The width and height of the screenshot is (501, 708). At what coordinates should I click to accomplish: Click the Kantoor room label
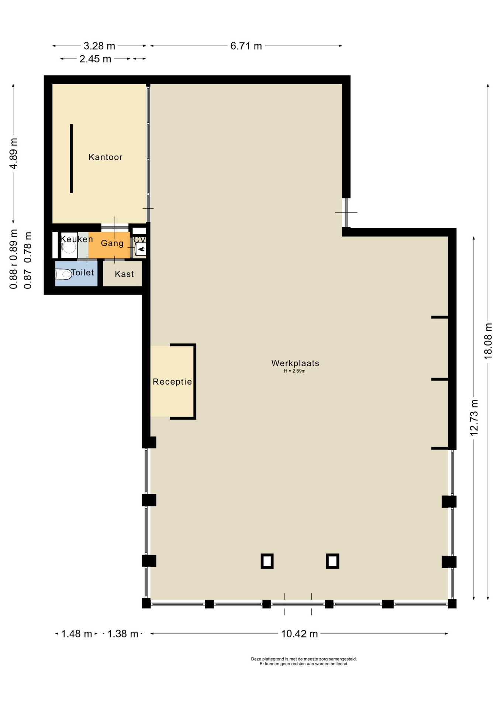[106, 157]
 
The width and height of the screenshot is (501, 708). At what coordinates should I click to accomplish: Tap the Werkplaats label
[295, 363]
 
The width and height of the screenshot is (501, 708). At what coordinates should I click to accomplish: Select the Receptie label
[172, 382]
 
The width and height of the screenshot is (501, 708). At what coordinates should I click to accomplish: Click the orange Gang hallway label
[112, 243]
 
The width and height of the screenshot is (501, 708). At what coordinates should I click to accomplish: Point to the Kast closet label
[124, 274]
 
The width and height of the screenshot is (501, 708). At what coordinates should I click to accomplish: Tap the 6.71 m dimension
[246, 46]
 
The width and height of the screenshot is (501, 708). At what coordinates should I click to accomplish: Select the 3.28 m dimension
[99, 46]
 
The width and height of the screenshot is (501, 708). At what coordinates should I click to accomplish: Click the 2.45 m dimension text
[95, 59]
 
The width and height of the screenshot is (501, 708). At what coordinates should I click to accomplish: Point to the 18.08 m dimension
[488, 341]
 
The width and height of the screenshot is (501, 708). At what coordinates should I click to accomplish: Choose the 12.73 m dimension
[474, 418]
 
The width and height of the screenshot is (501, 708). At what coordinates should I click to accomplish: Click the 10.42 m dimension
[299, 634]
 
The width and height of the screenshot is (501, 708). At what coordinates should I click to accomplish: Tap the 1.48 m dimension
[76, 634]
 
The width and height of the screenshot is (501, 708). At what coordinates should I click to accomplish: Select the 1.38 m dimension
[122, 634]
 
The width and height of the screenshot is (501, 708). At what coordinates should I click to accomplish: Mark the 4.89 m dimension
[14, 153]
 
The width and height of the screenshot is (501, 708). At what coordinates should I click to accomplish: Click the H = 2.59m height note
[294, 371]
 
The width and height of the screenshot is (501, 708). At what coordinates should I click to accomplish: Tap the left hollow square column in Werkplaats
[267, 561]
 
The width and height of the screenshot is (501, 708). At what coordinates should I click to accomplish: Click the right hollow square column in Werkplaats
[332, 561]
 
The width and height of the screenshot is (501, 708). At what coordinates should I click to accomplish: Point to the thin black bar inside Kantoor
[71, 159]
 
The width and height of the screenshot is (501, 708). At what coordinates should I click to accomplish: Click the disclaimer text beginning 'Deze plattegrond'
[304, 661]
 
